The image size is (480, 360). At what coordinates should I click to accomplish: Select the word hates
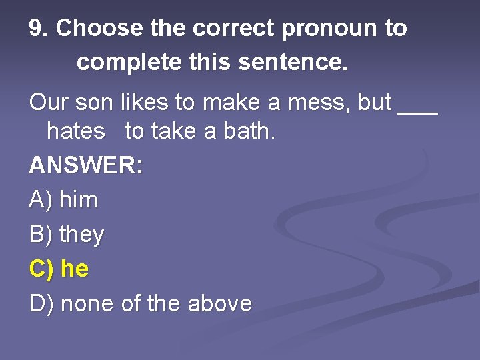[x=76, y=131]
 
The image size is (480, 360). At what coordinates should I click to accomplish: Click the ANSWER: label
[x=86, y=165]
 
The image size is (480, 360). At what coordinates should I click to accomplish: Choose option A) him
[x=64, y=199]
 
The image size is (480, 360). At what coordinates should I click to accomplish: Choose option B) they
[x=67, y=234]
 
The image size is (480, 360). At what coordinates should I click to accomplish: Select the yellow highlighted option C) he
[x=59, y=269]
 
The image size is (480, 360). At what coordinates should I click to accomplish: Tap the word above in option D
[x=219, y=304]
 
